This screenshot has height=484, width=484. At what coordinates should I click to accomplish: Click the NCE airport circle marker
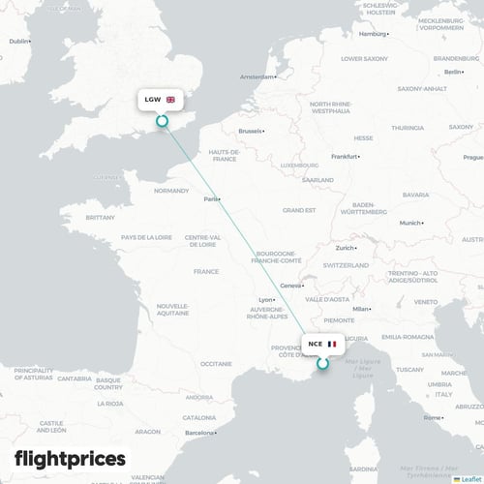click(x=322, y=364)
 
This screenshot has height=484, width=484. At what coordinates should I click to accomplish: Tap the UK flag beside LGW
click(x=171, y=100)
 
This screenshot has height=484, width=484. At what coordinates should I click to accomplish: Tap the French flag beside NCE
click(x=332, y=344)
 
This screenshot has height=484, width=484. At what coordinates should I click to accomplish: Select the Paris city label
click(x=209, y=199)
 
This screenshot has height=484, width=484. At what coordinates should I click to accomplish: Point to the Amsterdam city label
click(x=257, y=76)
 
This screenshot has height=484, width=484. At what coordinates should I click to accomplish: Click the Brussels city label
click(x=250, y=130)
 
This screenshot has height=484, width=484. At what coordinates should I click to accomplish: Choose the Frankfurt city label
click(x=344, y=156)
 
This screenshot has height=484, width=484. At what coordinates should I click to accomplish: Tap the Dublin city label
click(x=18, y=42)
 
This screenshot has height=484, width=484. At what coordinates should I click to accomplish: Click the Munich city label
click(x=410, y=223)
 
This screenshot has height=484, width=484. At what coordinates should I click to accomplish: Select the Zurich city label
click(x=346, y=248)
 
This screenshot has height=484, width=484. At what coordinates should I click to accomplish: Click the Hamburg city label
click(x=372, y=34)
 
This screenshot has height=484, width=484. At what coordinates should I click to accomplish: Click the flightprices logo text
click(x=70, y=458)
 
